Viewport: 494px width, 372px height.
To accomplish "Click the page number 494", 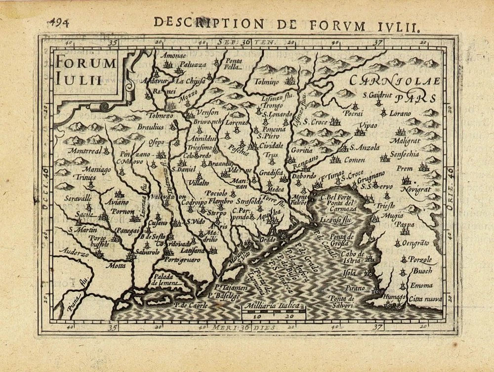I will pos(59,23).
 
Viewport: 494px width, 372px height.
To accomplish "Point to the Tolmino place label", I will pos(266,82).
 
